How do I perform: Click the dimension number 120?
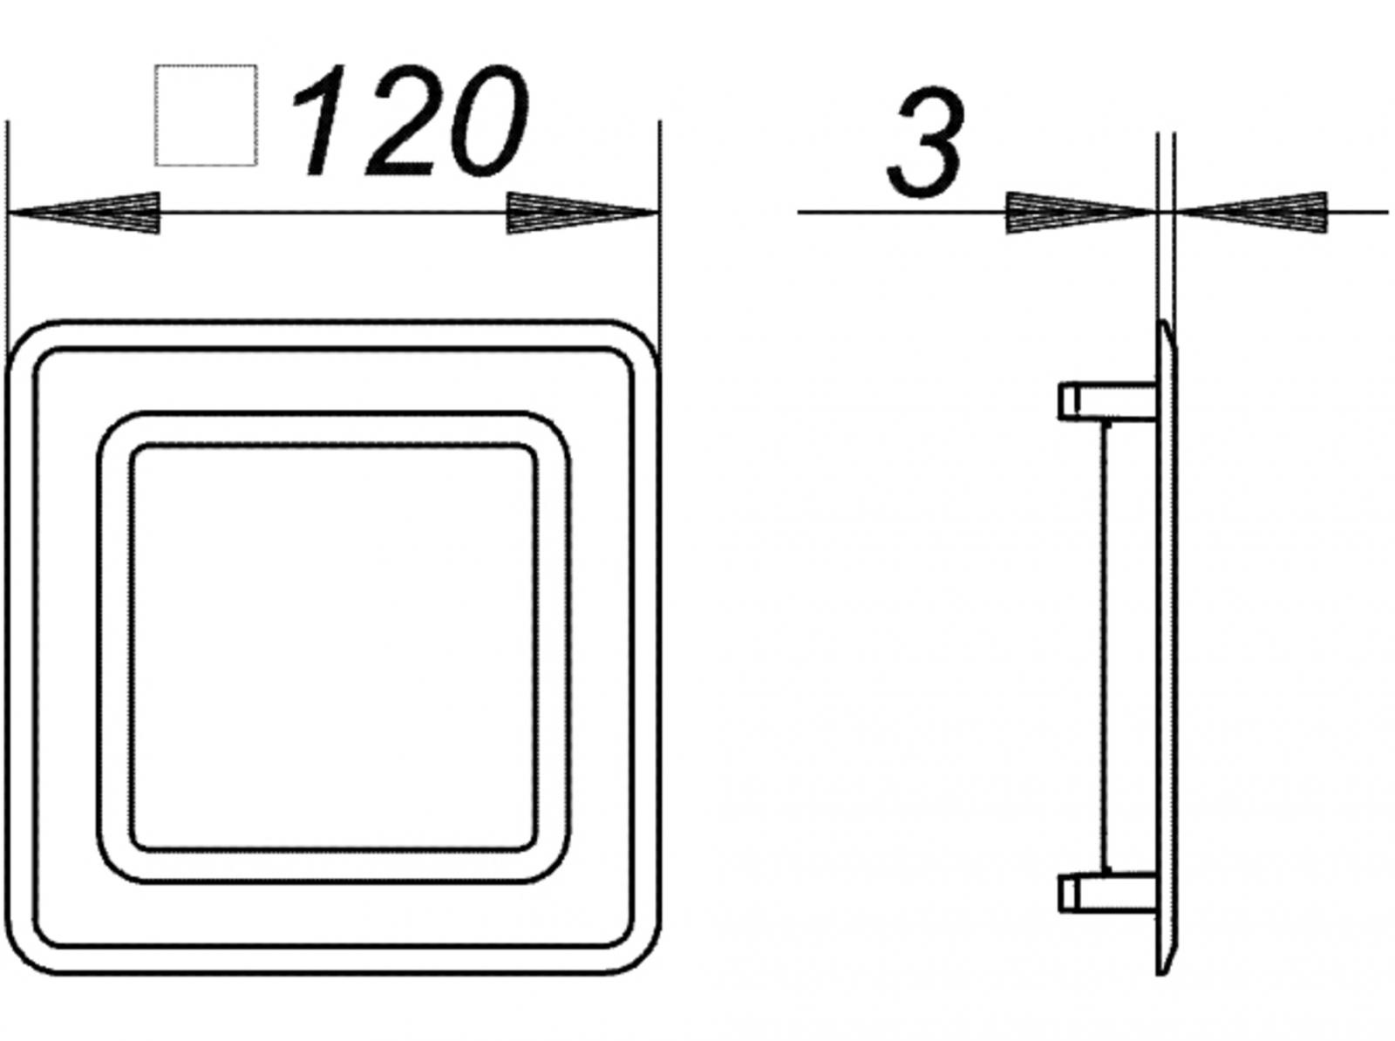(410, 122)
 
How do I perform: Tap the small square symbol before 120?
(206, 114)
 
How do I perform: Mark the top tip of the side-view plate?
(1164, 324)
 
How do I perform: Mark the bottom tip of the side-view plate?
(1164, 970)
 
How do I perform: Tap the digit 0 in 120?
(483, 122)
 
